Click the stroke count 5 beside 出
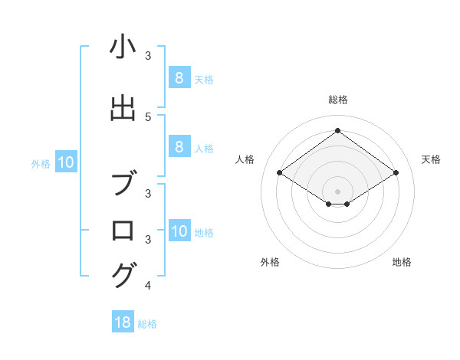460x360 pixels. (148, 116)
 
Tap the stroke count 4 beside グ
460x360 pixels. (148, 286)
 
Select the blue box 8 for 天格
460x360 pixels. (179, 77)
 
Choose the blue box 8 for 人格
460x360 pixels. (179, 147)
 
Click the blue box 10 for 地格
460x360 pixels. (179, 231)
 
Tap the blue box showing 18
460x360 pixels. (123, 322)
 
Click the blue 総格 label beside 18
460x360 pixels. (147, 324)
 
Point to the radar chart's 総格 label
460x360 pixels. (337, 100)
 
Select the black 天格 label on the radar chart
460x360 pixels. (432, 159)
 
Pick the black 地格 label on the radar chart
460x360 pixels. (402, 262)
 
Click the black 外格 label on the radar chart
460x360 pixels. (270, 262)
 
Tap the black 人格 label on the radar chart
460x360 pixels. (245, 159)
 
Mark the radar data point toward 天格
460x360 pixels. (396, 173)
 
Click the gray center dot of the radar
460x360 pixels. (337, 191)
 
